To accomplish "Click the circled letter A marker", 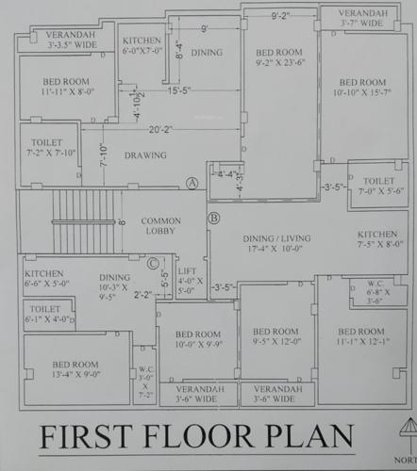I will pos(192,182).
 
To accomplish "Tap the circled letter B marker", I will pos(213,219).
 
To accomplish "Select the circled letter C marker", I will pos(153,263).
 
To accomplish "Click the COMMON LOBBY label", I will pos(161,226).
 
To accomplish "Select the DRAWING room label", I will pos(145,155).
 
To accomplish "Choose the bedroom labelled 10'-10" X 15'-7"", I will pos(363,89).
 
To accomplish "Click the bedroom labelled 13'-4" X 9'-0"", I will pos(75,368).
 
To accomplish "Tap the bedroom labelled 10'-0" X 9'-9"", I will pos(198,339).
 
